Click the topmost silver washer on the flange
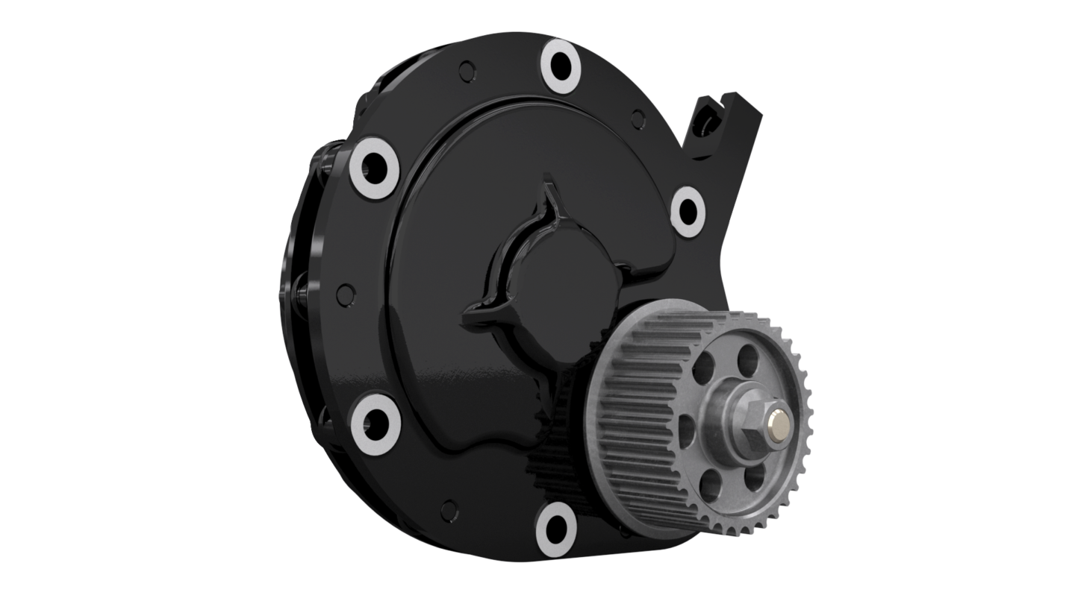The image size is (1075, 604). pos(561,66)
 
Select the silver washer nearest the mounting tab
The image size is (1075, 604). pos(688,212)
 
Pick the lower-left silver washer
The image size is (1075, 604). pos(375,423)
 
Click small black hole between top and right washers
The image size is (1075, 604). pos(638,117)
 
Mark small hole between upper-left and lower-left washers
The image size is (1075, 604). pos(344,292)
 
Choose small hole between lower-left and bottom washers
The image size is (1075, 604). pos(447,509)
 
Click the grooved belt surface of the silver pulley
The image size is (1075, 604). pos(635,418)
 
